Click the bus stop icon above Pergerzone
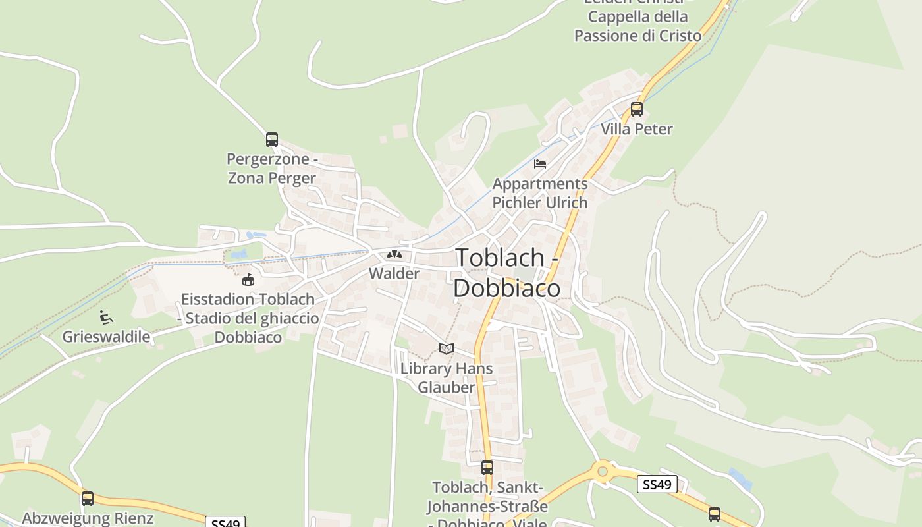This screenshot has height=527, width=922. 272,140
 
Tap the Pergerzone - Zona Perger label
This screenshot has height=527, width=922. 272,169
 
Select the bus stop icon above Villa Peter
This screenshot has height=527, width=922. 636,109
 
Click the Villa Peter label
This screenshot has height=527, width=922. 636,129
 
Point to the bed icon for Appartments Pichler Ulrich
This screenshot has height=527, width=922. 540,164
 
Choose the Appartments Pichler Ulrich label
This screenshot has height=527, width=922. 540,193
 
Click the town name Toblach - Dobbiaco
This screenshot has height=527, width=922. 508,272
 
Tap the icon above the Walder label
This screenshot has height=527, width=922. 394,254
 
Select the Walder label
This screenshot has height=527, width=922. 394,273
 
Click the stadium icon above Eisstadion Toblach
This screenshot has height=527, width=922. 248,280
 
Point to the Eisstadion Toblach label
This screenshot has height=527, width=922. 248,318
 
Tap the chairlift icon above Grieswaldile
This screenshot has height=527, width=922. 105,318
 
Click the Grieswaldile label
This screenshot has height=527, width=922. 106,337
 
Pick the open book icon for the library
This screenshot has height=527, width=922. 447,348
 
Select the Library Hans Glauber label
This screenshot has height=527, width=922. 447,377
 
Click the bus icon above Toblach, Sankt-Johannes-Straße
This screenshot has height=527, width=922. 487,468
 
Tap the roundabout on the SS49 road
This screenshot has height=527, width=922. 602,471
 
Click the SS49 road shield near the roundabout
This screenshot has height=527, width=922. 657,485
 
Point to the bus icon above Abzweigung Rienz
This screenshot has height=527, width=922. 88,499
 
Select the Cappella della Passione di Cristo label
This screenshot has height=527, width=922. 637,26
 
